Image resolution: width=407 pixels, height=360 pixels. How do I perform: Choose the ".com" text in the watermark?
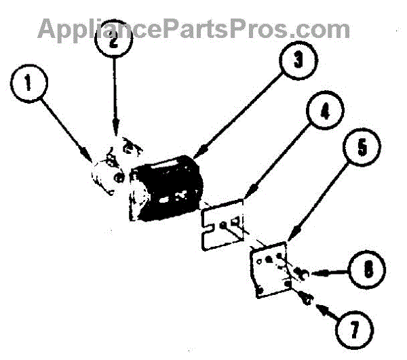pos(323,29)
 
